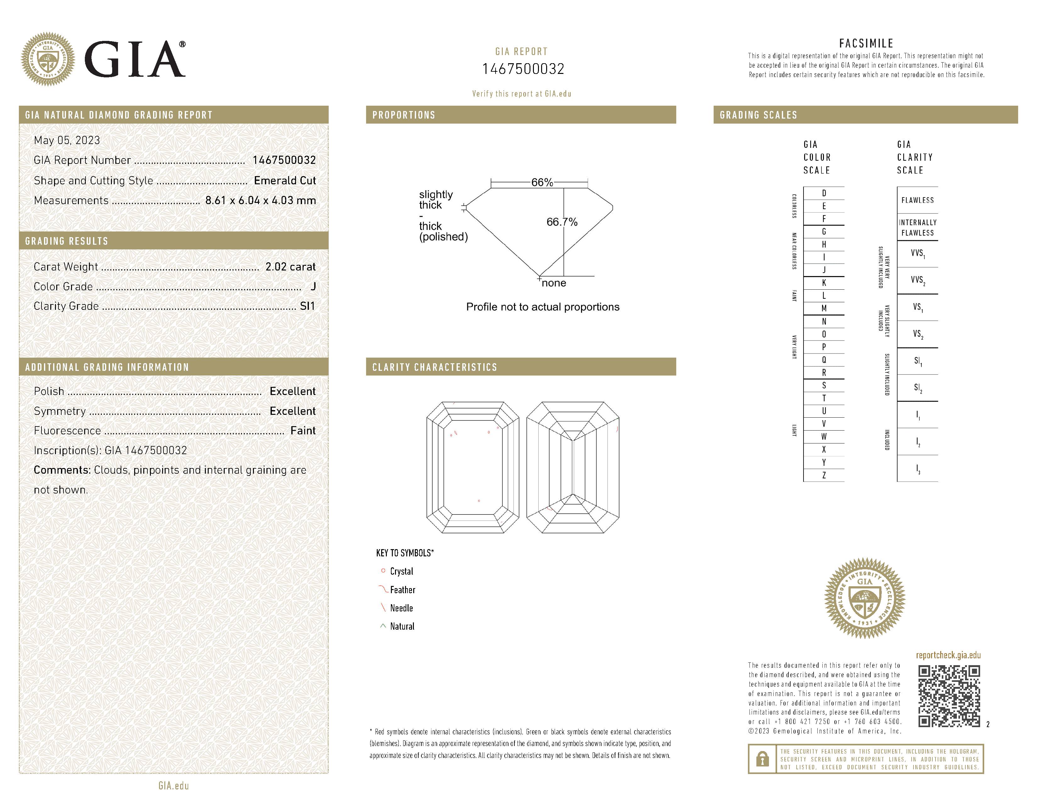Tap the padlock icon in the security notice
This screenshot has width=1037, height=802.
(x=762, y=759)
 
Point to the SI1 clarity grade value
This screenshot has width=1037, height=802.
(x=307, y=306)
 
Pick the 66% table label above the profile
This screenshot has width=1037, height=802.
(x=542, y=182)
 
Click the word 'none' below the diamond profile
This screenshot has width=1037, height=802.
(x=554, y=283)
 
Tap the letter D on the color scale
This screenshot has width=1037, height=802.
(x=824, y=193)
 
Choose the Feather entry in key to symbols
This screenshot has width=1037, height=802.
(x=402, y=590)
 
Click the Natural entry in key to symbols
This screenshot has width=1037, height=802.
(x=402, y=626)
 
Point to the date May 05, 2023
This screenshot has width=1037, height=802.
(x=67, y=140)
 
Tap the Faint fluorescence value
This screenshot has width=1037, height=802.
(x=303, y=431)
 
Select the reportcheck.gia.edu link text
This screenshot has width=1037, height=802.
(x=948, y=655)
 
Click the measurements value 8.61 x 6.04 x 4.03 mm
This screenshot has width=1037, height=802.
(x=260, y=201)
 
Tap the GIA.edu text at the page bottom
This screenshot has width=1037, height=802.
(x=173, y=786)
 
